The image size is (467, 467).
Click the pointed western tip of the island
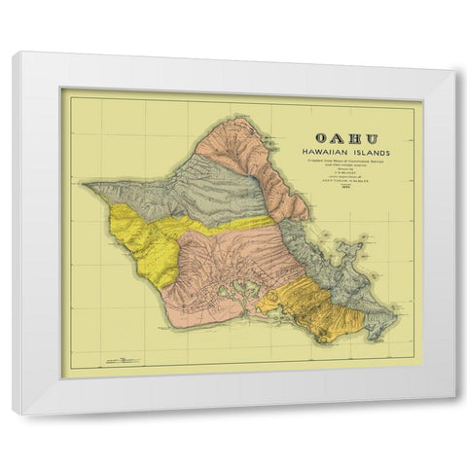point(85,184)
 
